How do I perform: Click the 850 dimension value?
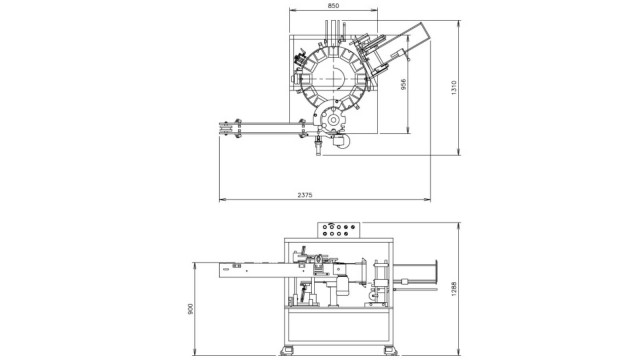point(333,6)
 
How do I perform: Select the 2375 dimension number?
point(304,195)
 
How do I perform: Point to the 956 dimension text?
point(403,84)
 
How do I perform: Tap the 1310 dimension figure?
point(454,88)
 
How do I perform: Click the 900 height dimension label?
point(190,309)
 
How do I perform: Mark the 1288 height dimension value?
point(454,289)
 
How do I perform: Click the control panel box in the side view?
point(339,230)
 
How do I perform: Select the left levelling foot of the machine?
point(287,350)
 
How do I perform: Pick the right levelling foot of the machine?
point(390,350)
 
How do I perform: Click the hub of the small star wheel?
point(333,120)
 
